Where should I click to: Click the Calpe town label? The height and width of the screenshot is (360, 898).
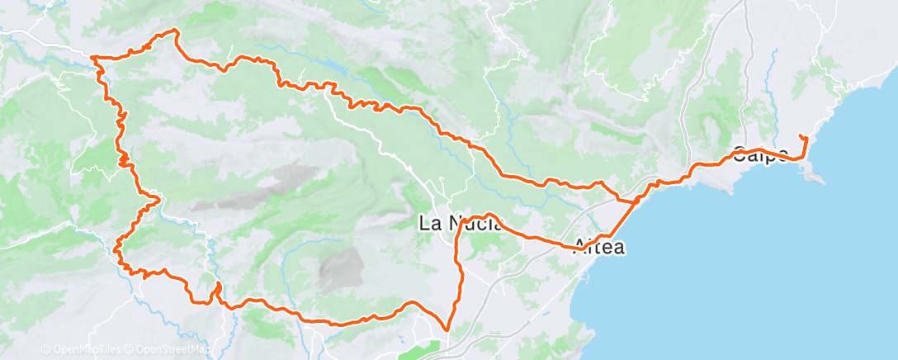(759, 154)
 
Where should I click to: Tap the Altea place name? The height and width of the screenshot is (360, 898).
(600, 245)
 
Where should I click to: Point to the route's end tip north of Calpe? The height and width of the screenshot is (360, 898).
(801, 135)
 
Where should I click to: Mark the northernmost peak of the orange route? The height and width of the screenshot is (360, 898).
(175, 30)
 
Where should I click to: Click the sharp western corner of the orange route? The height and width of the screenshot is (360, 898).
(92, 57)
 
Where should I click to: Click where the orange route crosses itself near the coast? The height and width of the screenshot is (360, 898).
(636, 200)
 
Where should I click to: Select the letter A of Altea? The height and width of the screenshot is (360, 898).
(583, 245)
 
